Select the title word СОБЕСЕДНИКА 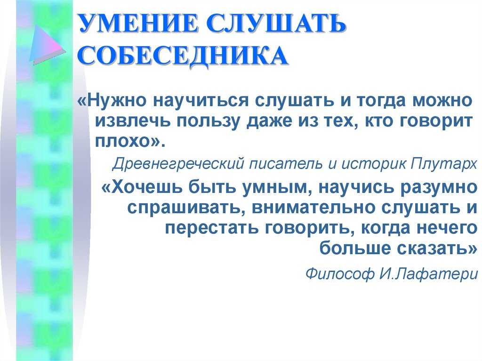(x=183, y=56)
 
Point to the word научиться (x=201, y=100)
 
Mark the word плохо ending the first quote (x=122, y=142)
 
